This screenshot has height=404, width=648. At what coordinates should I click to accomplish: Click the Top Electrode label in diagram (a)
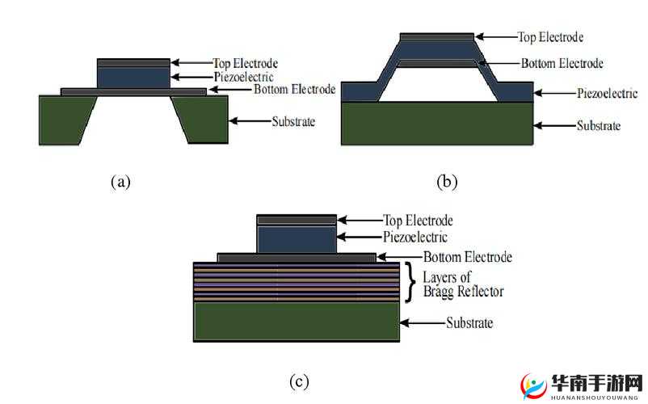point(246,63)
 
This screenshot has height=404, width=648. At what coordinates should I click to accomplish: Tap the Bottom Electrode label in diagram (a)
point(294,90)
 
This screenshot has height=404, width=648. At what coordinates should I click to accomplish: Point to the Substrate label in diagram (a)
point(292,122)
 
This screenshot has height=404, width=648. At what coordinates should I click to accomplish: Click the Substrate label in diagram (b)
point(598,126)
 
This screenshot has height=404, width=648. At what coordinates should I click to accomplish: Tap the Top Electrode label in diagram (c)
point(418,221)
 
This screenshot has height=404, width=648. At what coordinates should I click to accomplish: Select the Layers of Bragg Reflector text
point(457,284)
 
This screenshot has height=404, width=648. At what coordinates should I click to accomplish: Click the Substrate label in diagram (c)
point(469,323)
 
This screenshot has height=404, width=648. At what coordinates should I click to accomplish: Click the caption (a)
point(120,182)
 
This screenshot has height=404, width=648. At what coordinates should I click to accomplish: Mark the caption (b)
point(447,182)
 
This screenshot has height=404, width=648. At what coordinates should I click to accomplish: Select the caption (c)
point(299,381)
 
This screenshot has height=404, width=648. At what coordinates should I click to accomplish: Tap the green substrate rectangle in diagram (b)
point(437,124)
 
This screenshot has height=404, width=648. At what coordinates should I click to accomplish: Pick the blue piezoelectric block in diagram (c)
point(296,238)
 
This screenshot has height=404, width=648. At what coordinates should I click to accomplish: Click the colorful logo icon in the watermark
point(535,387)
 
